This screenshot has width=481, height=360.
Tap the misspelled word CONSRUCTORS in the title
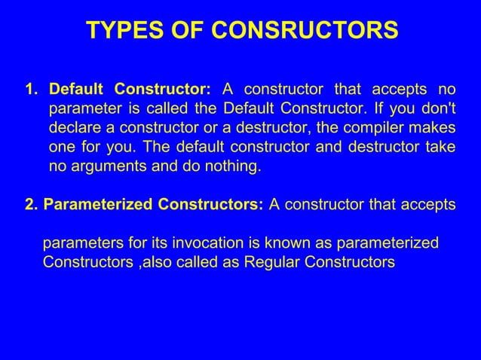point(310,31)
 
